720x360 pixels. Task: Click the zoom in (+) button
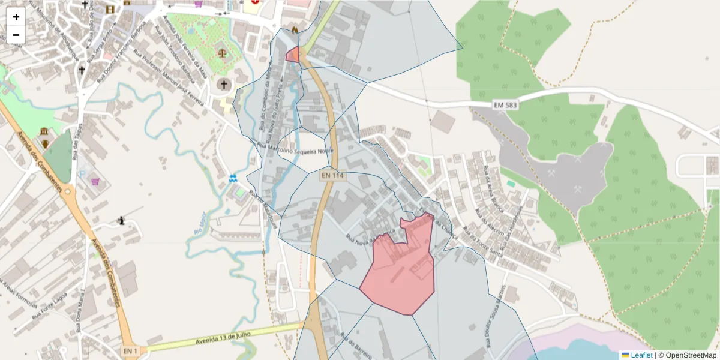pyautogui.click(x=16, y=16)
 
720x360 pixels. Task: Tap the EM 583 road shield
pyautogui.click(x=505, y=105)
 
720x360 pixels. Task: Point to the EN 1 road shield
pyautogui.click(x=130, y=350)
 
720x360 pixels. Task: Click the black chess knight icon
pyautogui.click(x=122, y=221)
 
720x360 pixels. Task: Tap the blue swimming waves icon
pyautogui.click(x=233, y=178)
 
